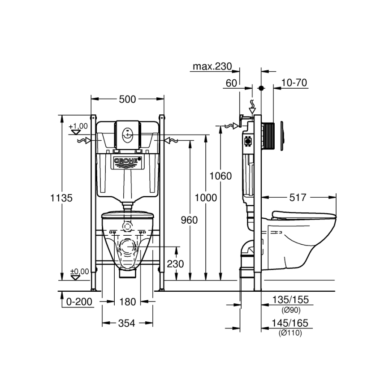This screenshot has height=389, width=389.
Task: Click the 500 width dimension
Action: [127, 99]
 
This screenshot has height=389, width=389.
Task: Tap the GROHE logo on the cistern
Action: [127, 161]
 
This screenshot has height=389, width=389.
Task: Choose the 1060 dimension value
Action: [221, 176]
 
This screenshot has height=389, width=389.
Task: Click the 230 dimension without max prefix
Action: [175, 264]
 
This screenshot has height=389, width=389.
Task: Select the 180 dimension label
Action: [127, 302]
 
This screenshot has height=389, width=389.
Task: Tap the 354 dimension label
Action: [127, 323]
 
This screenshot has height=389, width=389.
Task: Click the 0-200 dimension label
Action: [79, 302]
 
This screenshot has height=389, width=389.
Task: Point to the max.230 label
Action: [212, 67]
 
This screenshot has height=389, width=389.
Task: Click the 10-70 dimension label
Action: [294, 83]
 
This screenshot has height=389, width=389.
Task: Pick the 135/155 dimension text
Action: [290, 300]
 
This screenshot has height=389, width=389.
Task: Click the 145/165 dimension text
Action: [290, 323]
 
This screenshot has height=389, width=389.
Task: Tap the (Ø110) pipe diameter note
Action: [290, 333]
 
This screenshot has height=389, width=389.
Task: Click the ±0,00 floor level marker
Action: [79, 272]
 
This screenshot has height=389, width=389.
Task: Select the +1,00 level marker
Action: [79, 127]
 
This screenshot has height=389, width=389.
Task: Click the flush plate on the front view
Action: [128, 134]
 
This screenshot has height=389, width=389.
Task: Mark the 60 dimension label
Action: [231, 83]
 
